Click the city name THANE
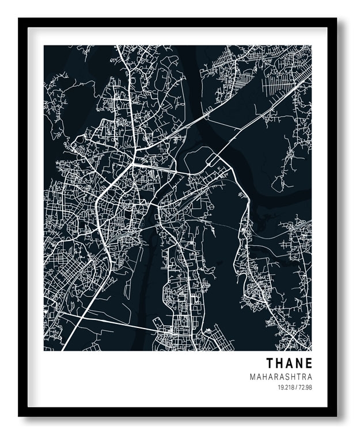point(289,364)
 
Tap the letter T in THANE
point(270,364)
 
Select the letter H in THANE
point(279,364)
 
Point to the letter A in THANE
point(290,364)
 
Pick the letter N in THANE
point(300,364)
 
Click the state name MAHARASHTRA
point(281,377)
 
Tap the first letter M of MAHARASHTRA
point(253,377)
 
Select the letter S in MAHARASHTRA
point(288,377)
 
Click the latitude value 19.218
point(285,387)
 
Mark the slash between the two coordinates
point(295,387)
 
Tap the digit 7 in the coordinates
point(299,387)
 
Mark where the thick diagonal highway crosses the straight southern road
point(82,316)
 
